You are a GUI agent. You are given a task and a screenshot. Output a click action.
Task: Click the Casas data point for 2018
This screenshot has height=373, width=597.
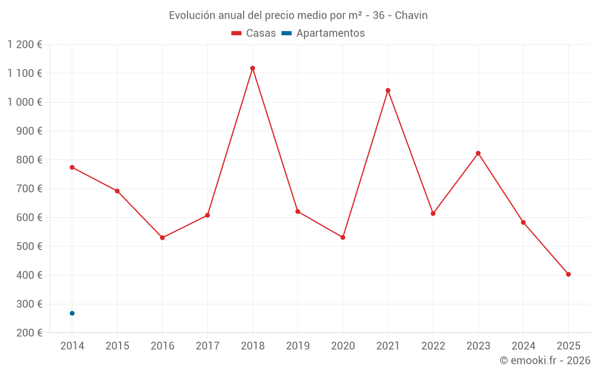point(253,68)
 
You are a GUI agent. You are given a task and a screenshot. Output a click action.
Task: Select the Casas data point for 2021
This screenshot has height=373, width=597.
point(388,91)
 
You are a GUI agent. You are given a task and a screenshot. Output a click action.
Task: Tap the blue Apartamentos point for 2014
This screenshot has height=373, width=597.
point(72,313)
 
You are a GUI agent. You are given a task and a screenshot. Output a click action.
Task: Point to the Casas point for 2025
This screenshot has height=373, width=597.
point(568,275)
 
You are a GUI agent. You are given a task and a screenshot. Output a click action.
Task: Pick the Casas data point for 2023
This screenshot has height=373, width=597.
point(478,153)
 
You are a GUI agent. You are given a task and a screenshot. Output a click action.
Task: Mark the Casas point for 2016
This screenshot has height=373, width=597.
point(162,238)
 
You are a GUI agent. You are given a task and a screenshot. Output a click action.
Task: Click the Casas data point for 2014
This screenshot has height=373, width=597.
point(72,167)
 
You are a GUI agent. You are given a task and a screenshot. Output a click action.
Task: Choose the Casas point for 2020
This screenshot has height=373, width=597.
point(343,238)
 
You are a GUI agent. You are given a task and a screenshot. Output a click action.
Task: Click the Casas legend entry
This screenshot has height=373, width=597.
point(254,33)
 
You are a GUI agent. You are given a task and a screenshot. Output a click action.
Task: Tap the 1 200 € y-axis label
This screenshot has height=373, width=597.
point(24,44)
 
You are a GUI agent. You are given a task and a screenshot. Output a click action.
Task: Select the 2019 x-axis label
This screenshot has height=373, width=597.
point(297,346)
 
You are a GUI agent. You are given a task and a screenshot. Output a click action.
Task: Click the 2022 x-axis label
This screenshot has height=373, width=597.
point(433,346)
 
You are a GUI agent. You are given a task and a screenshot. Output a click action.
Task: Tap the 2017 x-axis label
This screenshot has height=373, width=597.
point(207,346)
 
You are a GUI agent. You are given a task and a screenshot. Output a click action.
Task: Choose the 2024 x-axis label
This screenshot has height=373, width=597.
point(523,346)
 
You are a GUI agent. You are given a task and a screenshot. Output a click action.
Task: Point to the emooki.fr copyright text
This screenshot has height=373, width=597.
point(545,360)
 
